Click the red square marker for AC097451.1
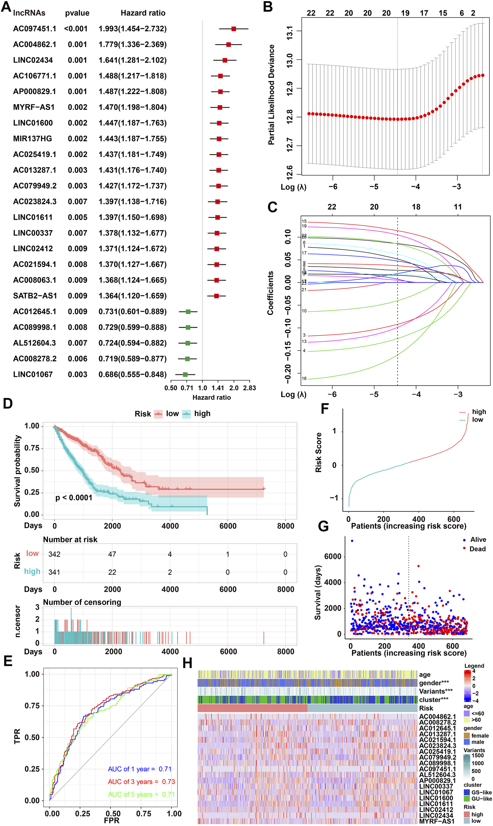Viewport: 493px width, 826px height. [x=233, y=29]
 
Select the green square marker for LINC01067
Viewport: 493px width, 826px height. [x=185, y=374]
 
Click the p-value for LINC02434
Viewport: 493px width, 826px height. [x=77, y=60]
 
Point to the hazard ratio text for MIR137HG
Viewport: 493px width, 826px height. [x=132, y=138]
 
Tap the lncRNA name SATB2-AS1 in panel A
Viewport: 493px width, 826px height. [x=35, y=296]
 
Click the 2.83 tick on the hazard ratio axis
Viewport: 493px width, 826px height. [x=249, y=388]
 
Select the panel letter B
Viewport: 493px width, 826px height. [x=268, y=7]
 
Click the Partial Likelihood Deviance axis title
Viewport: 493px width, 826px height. [x=271, y=95]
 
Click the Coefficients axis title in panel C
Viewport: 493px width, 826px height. [x=271, y=293]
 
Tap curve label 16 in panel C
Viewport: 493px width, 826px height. [x=304, y=378]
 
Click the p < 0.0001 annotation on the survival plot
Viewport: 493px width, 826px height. [x=74, y=498]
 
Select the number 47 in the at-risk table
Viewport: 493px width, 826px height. [x=112, y=554]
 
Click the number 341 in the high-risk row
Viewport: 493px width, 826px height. [x=54, y=572]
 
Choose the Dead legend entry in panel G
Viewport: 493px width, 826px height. [x=477, y=549]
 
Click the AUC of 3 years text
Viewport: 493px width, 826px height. [x=141, y=782]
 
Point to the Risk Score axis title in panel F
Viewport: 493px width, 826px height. [x=319, y=452]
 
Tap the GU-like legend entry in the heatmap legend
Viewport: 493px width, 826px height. [x=481, y=799]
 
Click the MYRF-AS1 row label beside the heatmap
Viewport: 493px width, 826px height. [x=437, y=821]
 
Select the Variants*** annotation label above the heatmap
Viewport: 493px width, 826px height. [x=435, y=691]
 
